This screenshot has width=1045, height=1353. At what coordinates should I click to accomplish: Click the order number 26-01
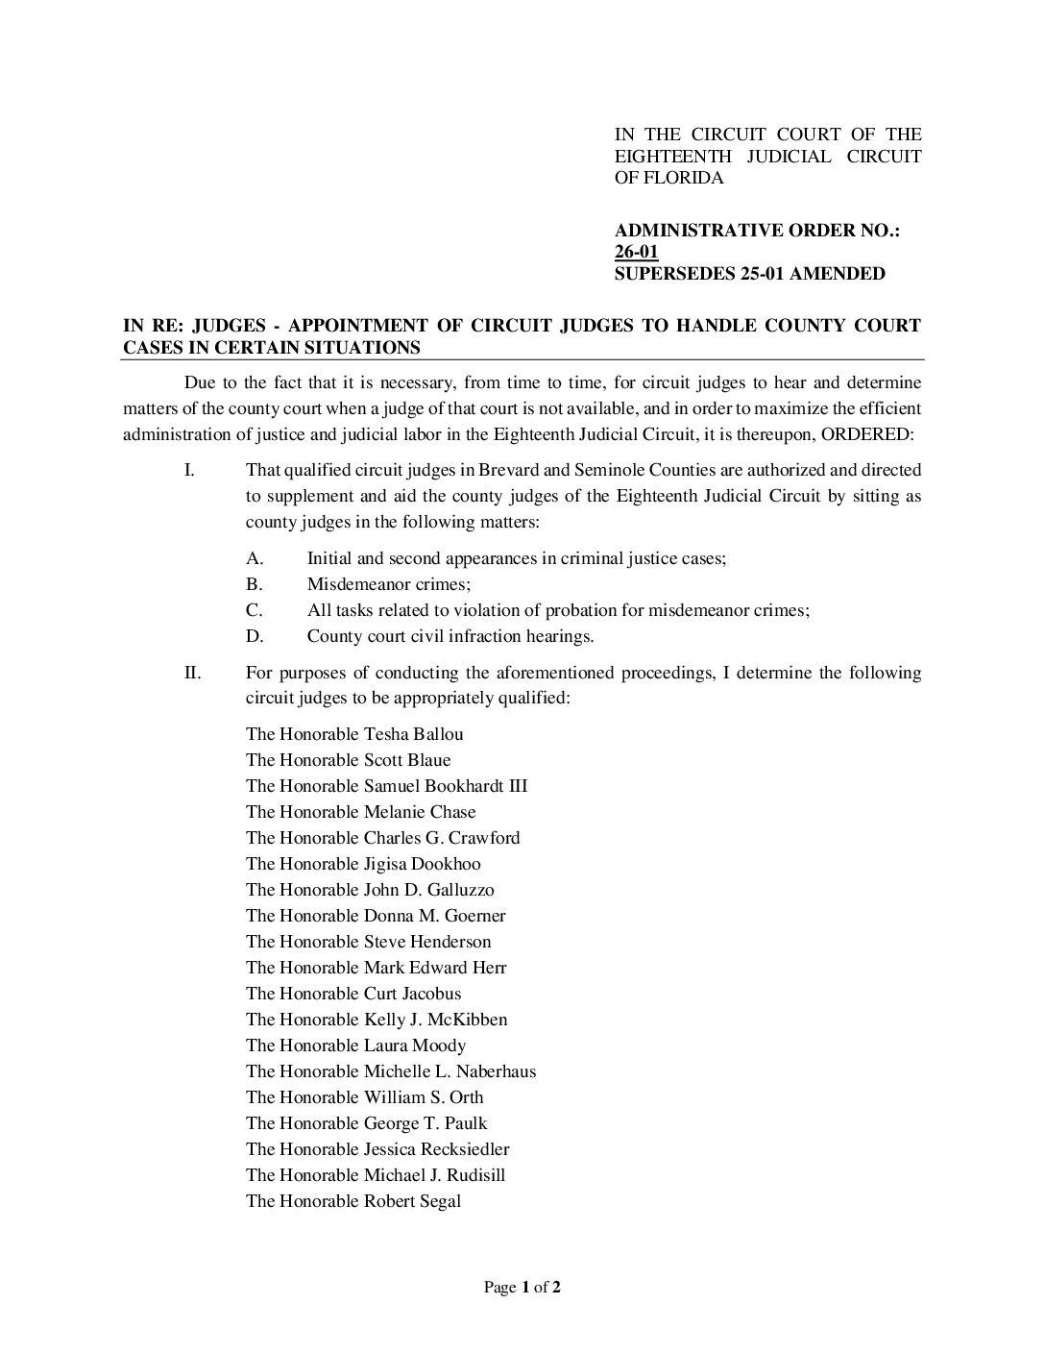pyautogui.click(x=636, y=253)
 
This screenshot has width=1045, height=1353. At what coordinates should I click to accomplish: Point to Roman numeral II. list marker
pyautogui.click(x=192, y=673)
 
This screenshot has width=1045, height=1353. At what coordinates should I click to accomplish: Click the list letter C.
pyautogui.click(x=255, y=610)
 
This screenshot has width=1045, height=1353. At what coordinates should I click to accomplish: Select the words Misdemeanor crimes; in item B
pyautogui.click(x=388, y=584)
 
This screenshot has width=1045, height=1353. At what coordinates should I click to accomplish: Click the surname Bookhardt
pyautogui.click(x=464, y=786)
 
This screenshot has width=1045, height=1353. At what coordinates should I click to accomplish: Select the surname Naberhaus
pyautogui.click(x=496, y=1071)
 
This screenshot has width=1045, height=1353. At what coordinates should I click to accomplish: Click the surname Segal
pyautogui.click(x=438, y=1201)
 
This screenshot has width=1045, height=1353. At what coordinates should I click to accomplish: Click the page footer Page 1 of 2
pyautogui.click(x=522, y=1288)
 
